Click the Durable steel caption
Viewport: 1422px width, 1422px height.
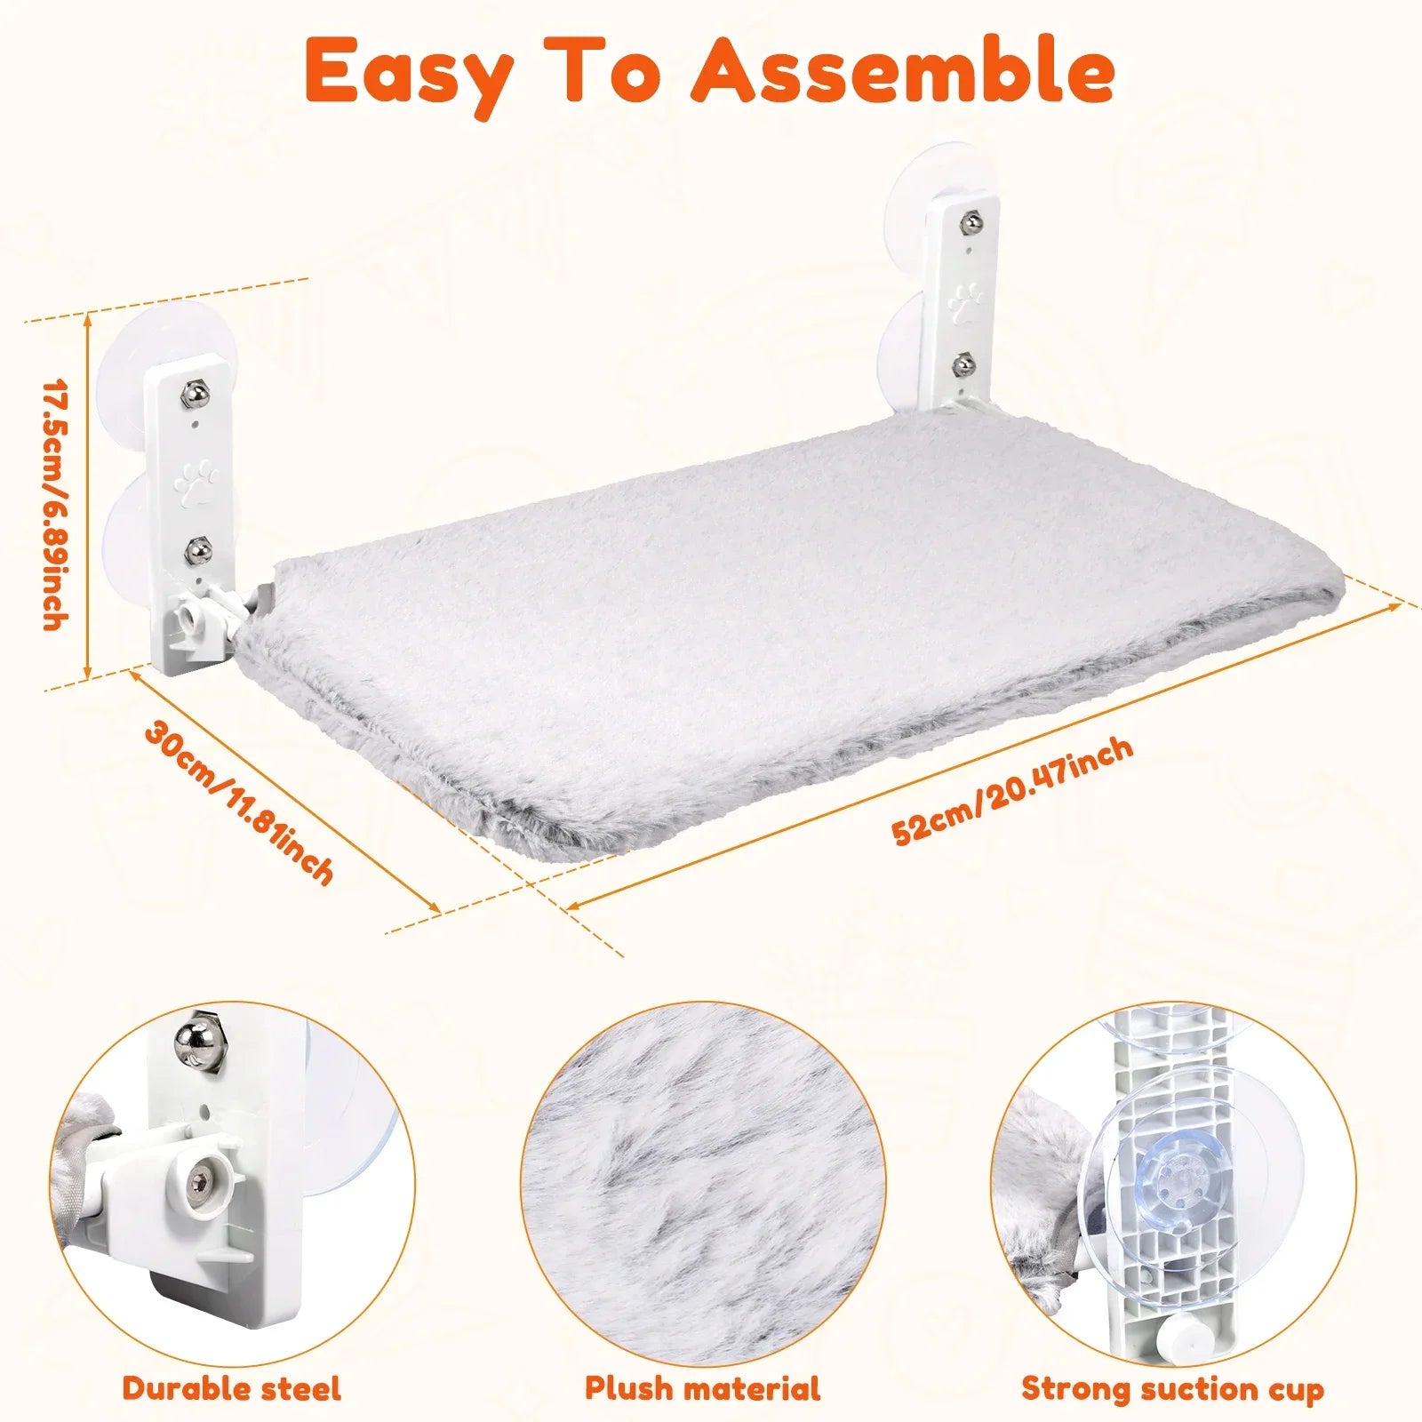(x=232, y=1387)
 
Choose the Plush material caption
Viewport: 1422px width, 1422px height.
(x=703, y=1387)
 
